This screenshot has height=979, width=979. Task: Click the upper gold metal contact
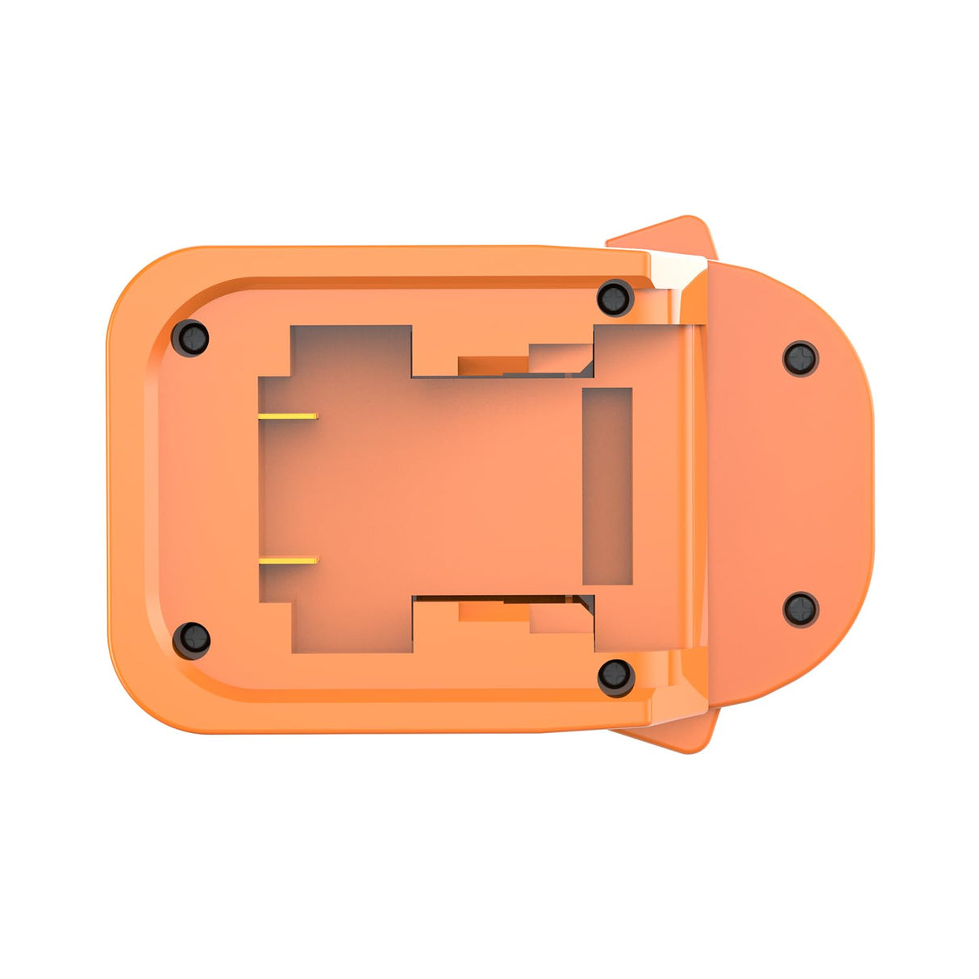coord(289,416)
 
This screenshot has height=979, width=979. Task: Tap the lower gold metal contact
coord(289,560)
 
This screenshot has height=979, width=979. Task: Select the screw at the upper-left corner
coord(191,338)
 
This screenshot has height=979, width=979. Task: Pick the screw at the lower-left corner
coord(192,639)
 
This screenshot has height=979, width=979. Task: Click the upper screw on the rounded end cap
coord(801,358)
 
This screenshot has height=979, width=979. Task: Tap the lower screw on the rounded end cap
coord(801,609)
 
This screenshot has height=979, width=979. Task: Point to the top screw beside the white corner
coord(615,298)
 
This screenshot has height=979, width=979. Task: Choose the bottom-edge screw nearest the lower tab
coord(615,676)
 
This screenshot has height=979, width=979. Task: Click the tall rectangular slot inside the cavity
coord(606,486)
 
